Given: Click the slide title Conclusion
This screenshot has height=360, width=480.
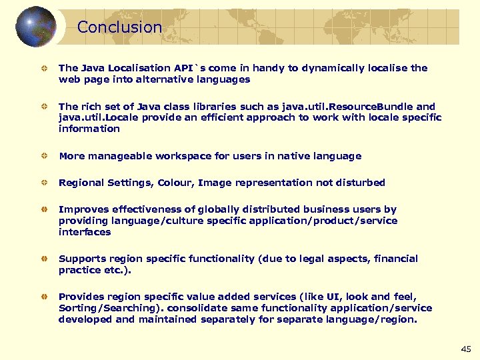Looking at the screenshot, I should tap(119, 27).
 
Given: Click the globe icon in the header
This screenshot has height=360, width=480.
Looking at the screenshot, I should tap(35, 27).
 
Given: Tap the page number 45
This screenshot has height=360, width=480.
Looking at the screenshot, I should tap(465, 349).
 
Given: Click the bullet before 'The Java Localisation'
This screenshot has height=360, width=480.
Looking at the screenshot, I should tap(42, 68).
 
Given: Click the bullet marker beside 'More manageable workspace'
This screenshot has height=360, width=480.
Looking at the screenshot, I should tap(42, 156).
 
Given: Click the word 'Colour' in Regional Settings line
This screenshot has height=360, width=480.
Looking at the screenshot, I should tap(174, 182).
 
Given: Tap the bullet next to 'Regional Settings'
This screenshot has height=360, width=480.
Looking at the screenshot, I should tap(42, 182).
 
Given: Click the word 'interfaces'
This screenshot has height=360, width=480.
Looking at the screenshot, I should tap(85, 232).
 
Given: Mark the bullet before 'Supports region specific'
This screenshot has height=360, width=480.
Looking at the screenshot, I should tap(42, 258).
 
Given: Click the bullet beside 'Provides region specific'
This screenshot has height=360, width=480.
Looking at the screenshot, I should tap(42, 297).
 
